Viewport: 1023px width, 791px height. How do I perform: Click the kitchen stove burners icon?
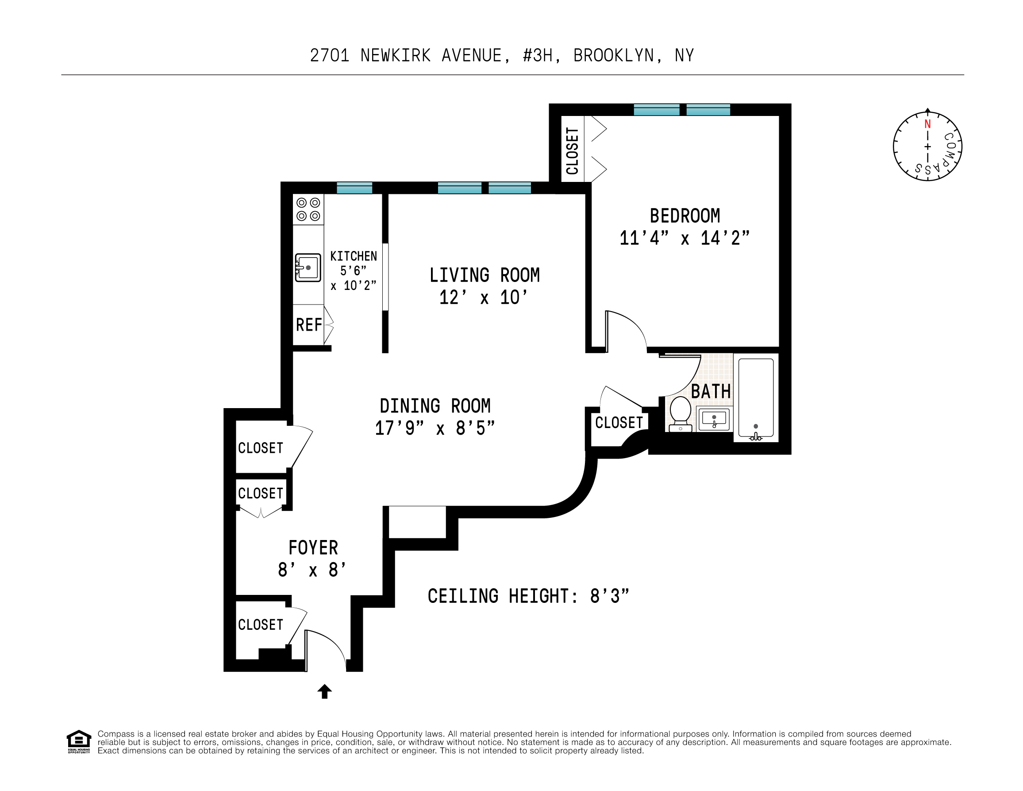point(308,209)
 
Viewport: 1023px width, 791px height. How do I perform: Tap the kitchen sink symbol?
point(308,267)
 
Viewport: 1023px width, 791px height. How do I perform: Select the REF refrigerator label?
point(309,325)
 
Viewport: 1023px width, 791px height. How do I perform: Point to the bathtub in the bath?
point(756,398)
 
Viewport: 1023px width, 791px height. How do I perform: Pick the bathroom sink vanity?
point(714,418)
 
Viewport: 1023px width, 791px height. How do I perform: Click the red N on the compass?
point(927,124)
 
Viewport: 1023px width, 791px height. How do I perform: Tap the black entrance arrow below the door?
point(325,691)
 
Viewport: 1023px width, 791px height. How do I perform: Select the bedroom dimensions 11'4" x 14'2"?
point(685,238)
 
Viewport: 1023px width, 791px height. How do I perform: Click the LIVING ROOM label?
point(485,275)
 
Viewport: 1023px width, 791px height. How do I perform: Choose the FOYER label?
point(313,548)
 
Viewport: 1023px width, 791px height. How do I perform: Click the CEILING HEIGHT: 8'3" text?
point(528,596)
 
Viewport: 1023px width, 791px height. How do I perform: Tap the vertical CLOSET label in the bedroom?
point(573,151)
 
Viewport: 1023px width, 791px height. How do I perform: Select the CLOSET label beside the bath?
point(619,423)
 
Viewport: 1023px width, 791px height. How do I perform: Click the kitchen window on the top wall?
point(354,188)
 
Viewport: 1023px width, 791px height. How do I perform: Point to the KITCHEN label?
point(353,256)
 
